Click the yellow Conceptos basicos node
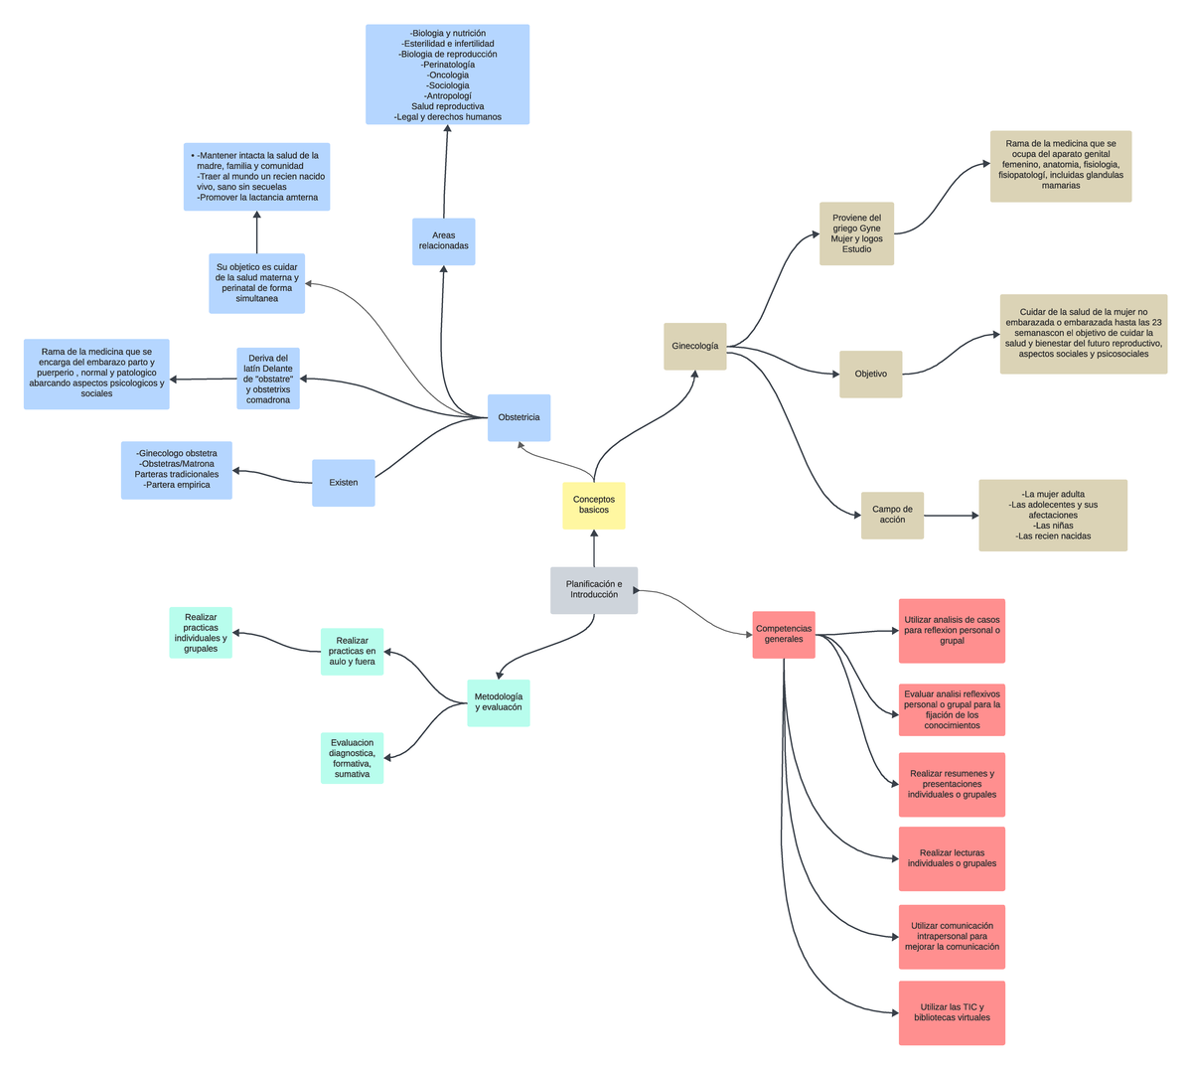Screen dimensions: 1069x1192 point(593,505)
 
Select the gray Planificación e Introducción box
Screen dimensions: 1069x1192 point(594,590)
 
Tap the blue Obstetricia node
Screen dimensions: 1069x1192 point(519,418)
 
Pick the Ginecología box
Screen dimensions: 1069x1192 point(694,347)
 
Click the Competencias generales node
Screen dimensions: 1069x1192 point(784,634)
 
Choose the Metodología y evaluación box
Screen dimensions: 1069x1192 point(498,702)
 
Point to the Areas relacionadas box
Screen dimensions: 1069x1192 point(443,241)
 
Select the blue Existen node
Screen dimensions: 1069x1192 point(343,483)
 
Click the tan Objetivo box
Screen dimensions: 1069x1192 point(870,375)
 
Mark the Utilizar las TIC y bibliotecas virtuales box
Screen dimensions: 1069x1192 point(952,1012)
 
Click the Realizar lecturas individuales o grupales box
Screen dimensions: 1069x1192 point(952,858)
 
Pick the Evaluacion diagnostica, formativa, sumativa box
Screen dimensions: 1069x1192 point(352,758)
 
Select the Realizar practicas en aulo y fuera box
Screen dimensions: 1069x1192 point(352,652)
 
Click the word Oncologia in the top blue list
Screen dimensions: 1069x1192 point(447,76)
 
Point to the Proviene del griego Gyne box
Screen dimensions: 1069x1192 point(856,234)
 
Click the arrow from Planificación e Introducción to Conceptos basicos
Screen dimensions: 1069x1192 point(594,548)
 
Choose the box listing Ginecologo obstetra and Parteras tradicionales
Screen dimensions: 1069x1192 point(177,470)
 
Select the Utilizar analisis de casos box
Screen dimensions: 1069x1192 point(952,630)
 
